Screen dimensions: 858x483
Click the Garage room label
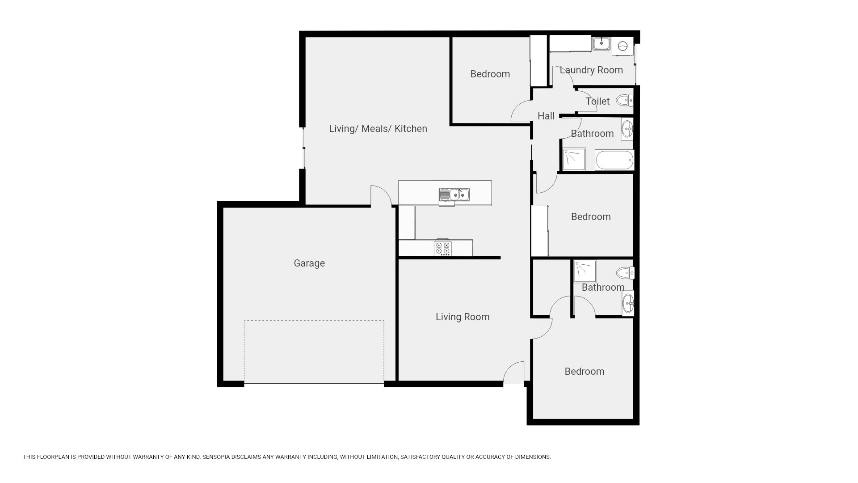pos(309,263)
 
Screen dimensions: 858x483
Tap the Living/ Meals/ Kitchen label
pos(378,129)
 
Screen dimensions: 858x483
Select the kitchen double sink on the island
pos(454,195)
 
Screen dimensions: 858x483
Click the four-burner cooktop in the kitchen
pos(443,249)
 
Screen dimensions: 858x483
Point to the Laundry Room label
pos(591,70)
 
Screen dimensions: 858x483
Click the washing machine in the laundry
pos(622,46)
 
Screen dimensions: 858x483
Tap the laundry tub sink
pos(601,43)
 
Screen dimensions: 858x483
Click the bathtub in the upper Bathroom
pos(614,160)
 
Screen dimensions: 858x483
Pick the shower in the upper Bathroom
pos(574,159)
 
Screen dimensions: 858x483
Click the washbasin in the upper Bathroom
pos(627,129)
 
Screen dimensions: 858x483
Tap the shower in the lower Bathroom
pos(585,271)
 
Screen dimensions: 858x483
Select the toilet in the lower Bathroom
pos(625,272)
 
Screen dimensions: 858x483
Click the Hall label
pos(546,116)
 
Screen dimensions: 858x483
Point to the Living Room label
pos(463,317)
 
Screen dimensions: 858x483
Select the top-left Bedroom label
pos(490,74)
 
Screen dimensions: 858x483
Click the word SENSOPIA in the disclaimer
pos(216,457)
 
